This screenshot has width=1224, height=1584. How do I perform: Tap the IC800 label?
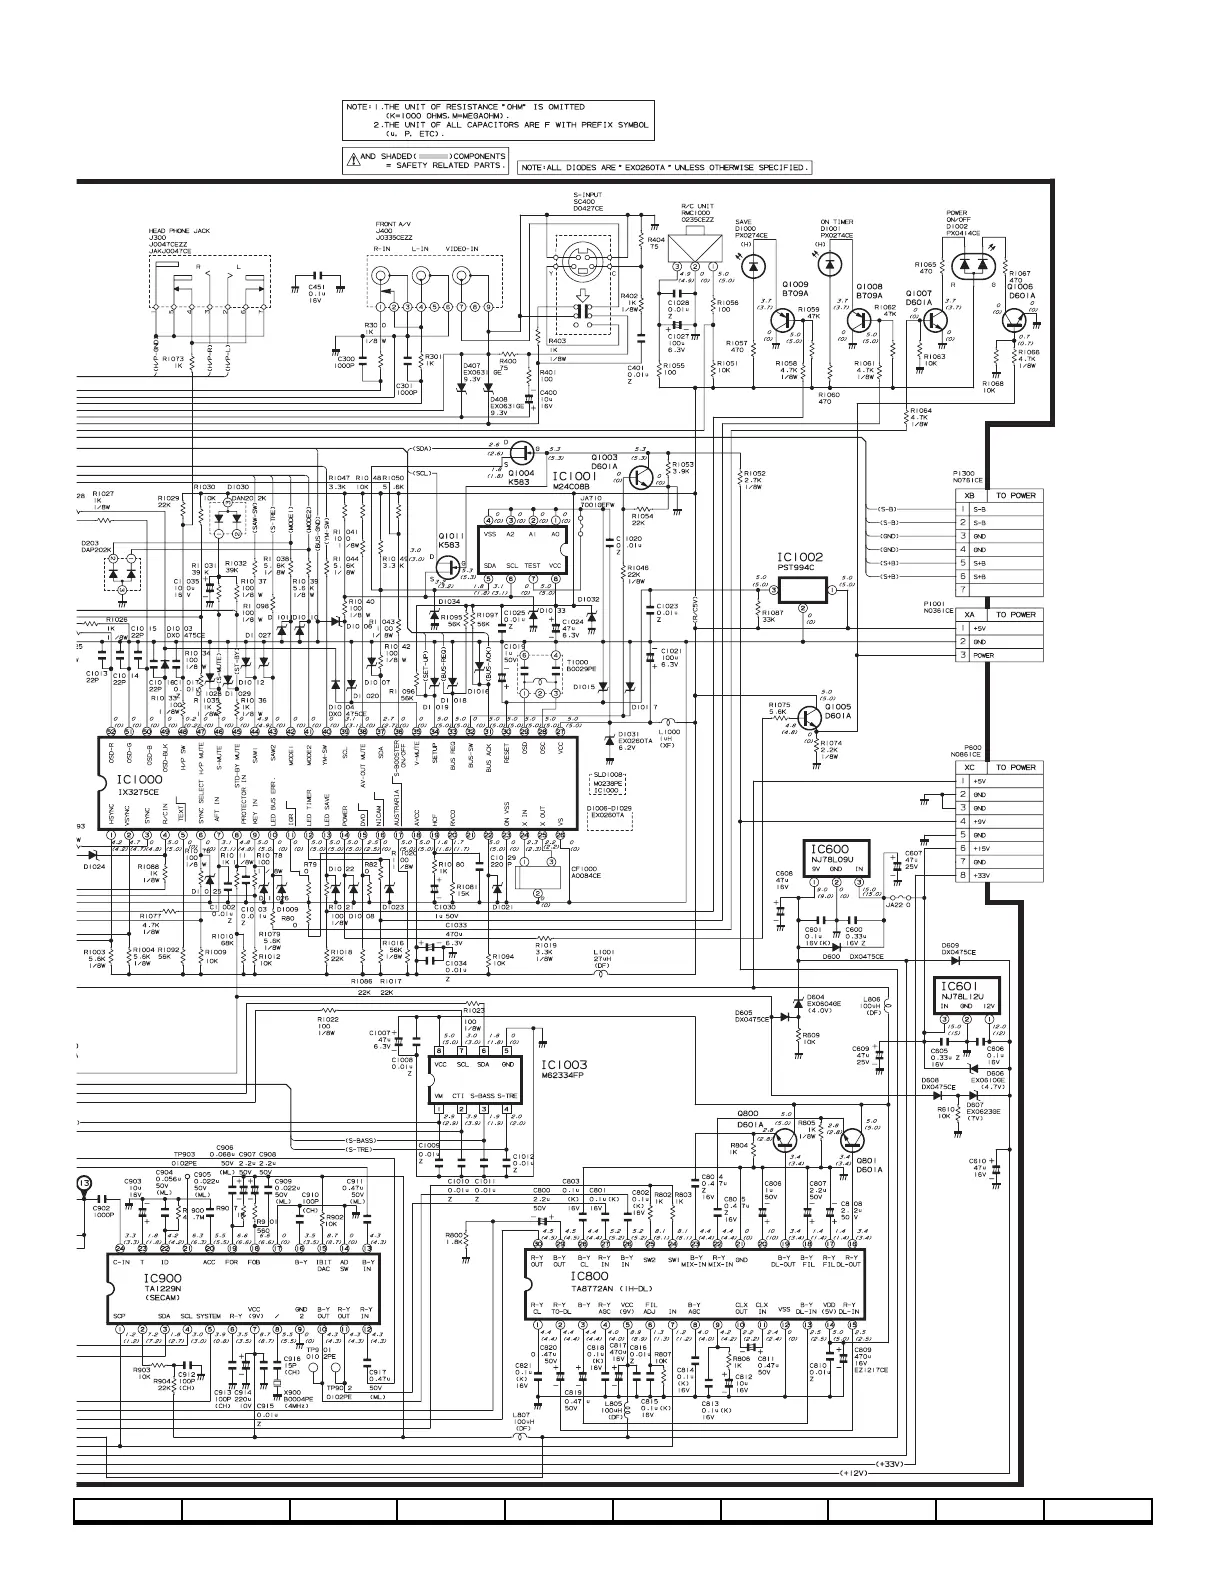pyautogui.click(x=589, y=1277)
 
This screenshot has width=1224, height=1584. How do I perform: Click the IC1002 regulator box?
pyautogui.click(x=803, y=591)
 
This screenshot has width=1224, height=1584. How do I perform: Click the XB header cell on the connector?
pyautogui.click(x=969, y=495)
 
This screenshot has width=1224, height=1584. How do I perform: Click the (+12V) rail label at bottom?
pyautogui.click(x=852, y=1474)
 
